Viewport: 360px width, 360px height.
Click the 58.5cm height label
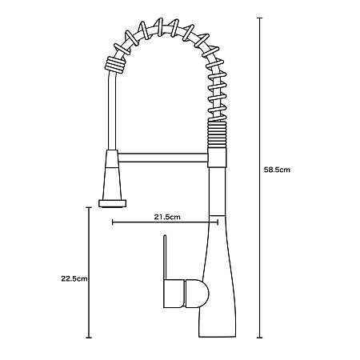(x=277, y=170)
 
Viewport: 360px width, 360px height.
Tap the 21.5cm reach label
(x=167, y=217)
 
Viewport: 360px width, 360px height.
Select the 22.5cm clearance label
(x=74, y=278)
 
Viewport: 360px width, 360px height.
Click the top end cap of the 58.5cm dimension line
(x=259, y=18)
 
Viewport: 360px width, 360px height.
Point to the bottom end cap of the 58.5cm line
(x=259, y=338)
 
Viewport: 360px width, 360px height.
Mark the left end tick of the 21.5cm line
(x=113, y=222)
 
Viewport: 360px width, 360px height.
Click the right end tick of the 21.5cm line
(x=218, y=222)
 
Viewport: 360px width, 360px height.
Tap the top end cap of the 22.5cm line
(x=89, y=207)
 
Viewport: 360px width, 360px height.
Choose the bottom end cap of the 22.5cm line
(x=89, y=338)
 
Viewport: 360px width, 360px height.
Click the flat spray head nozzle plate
(x=112, y=203)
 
